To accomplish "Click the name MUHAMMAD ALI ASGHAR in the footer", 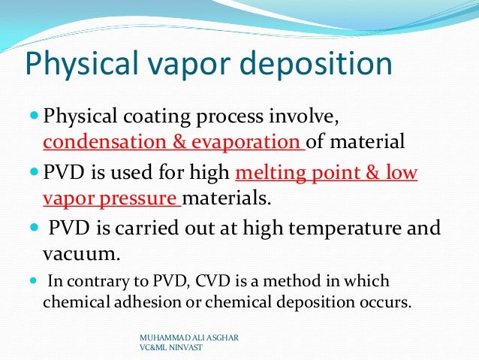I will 184,339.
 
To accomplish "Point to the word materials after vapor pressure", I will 229,200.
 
